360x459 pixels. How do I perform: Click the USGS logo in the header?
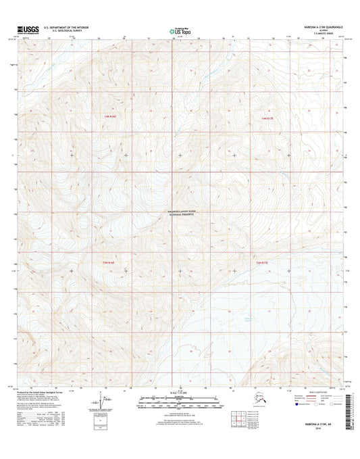(27, 30)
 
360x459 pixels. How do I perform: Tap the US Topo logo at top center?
(180, 30)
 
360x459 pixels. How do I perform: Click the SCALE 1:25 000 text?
(179, 393)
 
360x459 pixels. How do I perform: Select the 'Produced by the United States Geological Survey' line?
(57, 391)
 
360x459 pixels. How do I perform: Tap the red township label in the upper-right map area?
(267, 118)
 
